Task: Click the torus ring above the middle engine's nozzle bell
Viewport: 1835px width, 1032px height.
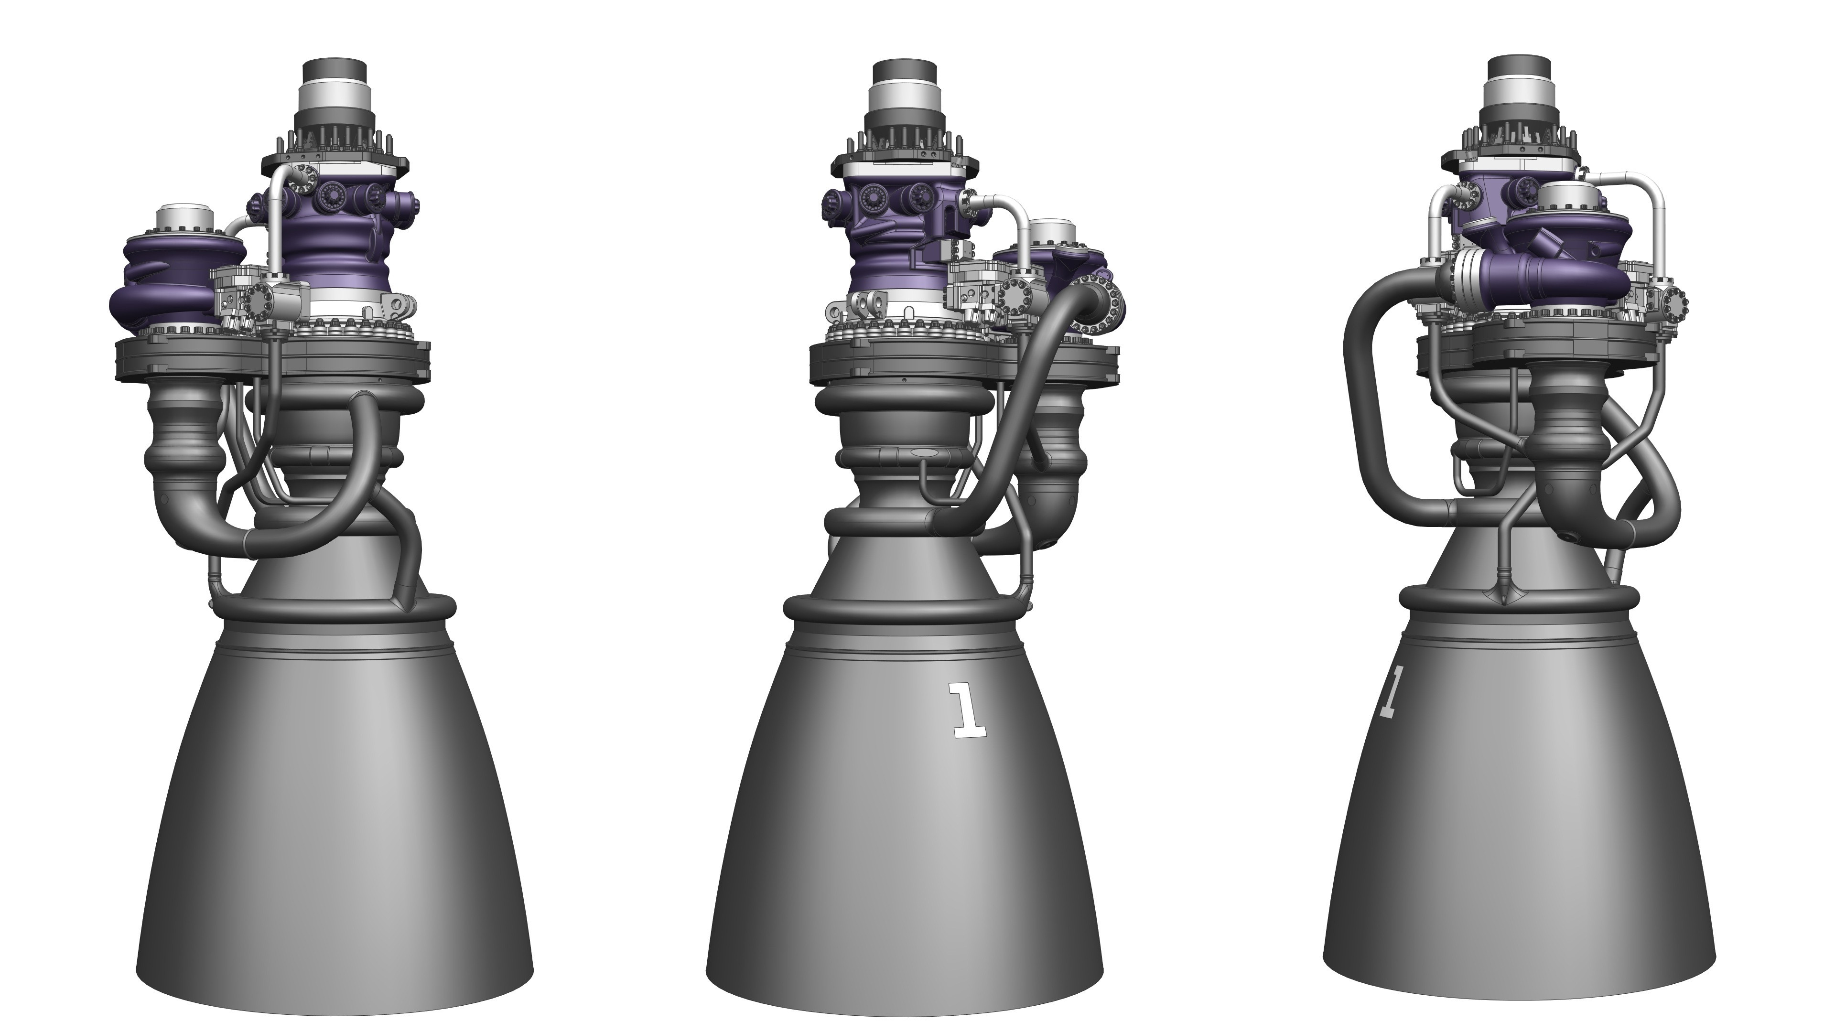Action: (905, 611)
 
